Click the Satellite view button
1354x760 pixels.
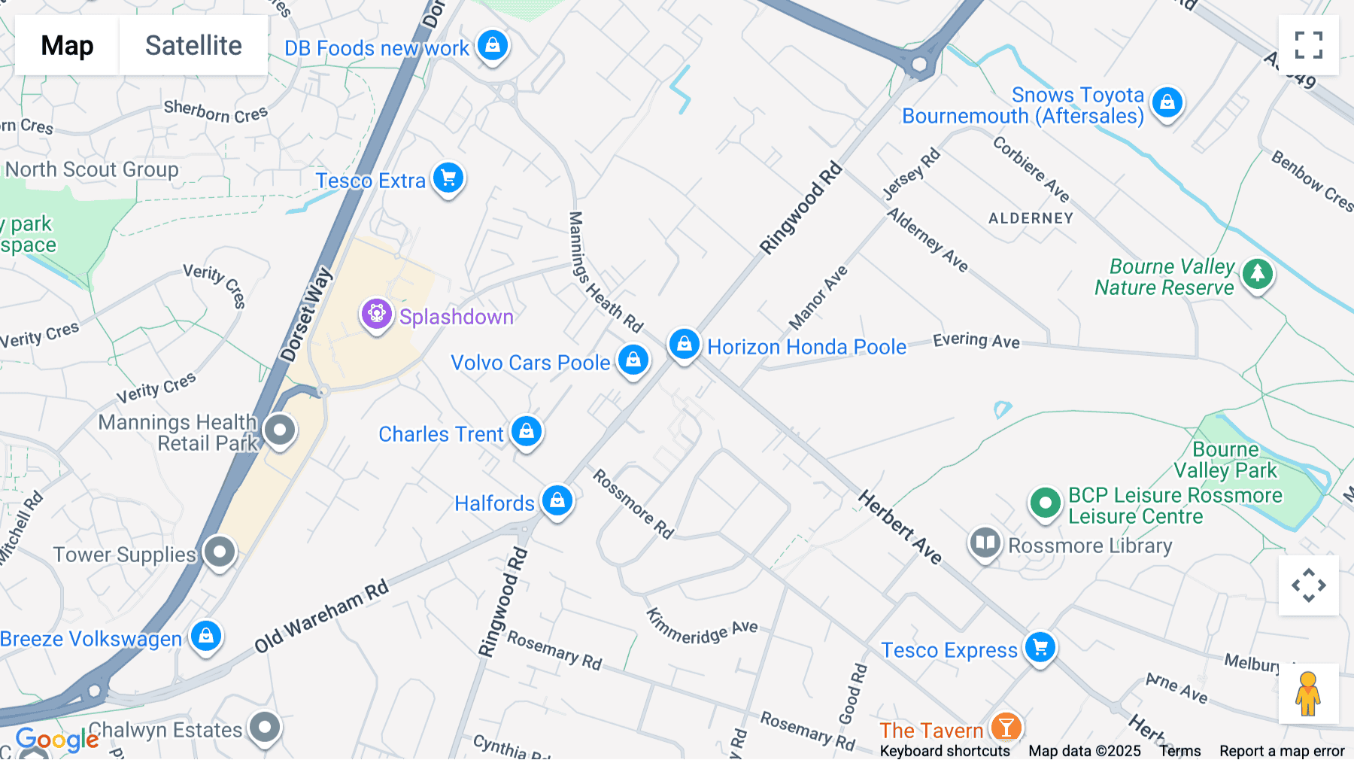click(193, 45)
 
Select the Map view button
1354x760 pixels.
click(67, 45)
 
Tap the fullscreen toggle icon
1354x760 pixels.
click(1308, 45)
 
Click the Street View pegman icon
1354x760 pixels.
click(1308, 693)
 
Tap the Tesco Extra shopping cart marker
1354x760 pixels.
click(449, 178)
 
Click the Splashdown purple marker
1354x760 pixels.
click(377, 314)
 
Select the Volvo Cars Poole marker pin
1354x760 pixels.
click(633, 360)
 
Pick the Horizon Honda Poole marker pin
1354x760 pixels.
click(684, 345)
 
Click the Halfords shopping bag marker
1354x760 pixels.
click(557, 500)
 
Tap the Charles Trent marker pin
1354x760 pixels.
click(527, 432)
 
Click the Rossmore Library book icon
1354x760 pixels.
click(985, 543)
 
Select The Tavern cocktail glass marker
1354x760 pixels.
click(1006, 728)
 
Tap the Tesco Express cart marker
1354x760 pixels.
click(1041, 647)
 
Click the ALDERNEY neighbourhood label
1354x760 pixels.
click(1031, 218)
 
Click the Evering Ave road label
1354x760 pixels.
click(976, 341)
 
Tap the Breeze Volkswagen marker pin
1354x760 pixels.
click(206, 637)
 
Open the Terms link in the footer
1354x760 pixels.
click(1179, 751)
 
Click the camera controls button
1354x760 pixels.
click(1308, 585)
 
